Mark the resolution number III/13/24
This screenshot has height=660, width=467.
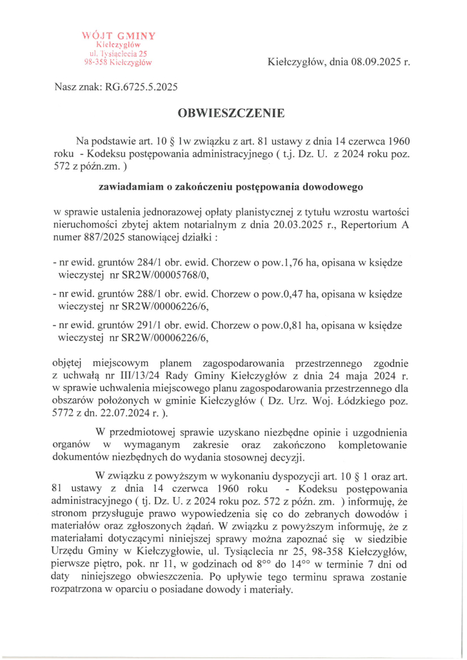pyautogui.click(x=148, y=376)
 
